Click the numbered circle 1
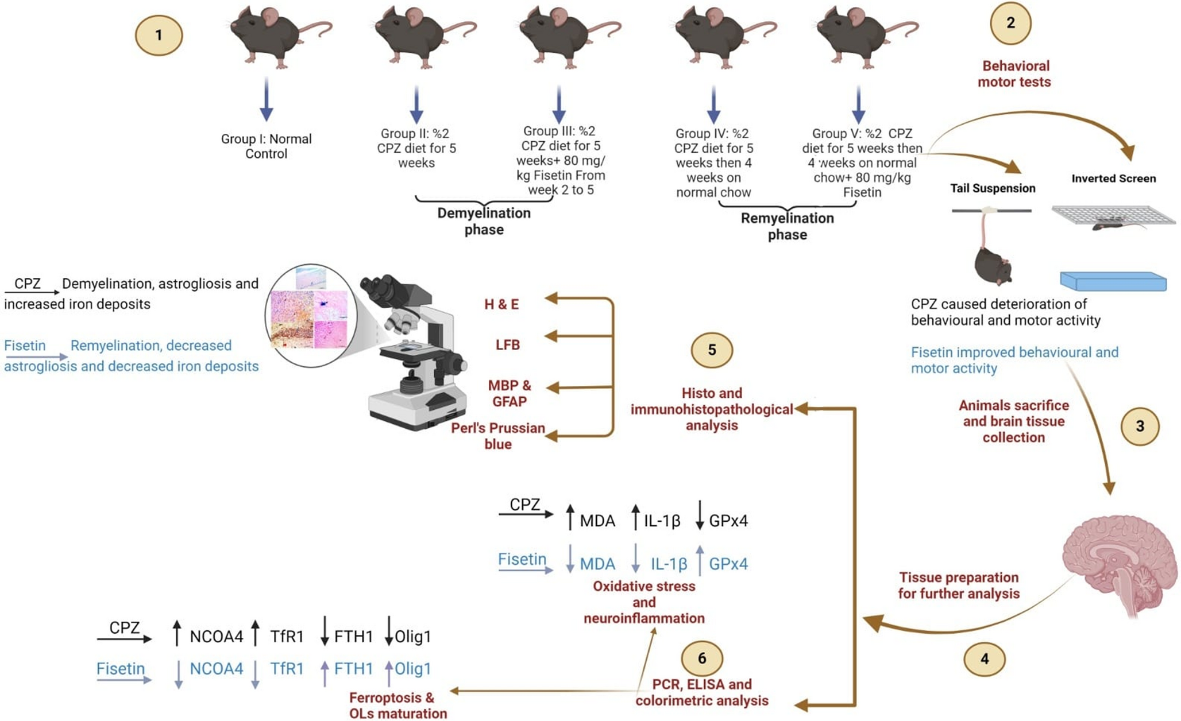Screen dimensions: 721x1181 click(x=159, y=36)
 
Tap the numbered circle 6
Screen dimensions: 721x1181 click(x=701, y=658)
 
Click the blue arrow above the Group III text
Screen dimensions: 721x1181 click(x=559, y=103)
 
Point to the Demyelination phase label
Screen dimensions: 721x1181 click(x=484, y=221)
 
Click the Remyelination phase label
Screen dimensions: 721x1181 click(x=787, y=226)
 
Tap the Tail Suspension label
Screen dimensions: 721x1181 click(x=992, y=188)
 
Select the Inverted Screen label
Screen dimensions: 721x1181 click(x=1113, y=179)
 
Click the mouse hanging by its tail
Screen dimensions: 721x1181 click(x=992, y=258)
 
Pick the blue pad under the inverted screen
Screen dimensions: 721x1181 click(x=1113, y=281)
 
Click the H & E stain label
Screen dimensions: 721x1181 click(x=501, y=304)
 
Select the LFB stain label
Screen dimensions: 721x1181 click(x=507, y=345)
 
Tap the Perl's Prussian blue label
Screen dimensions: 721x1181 click(x=497, y=436)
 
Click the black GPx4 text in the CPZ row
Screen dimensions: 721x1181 click(x=728, y=521)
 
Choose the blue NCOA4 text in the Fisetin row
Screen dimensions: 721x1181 click(x=216, y=669)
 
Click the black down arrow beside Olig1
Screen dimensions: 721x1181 click(x=389, y=630)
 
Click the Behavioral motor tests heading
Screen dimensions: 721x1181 click(x=1014, y=74)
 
